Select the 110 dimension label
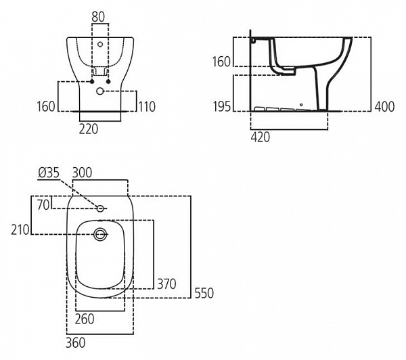[x=147, y=106]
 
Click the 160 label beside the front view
[x=46, y=106]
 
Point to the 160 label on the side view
[x=221, y=62]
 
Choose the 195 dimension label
[x=221, y=106]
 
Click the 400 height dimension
[x=385, y=106]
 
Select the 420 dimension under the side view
[x=261, y=137]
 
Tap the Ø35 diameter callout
[x=49, y=174]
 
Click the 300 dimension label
[x=83, y=174]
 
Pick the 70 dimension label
[x=43, y=205]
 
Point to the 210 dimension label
[x=20, y=230]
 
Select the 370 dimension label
[x=166, y=284]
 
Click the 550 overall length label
[x=204, y=293]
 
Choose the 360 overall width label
[x=76, y=343]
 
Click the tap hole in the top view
[x=100, y=208]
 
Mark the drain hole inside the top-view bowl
[x=100, y=235]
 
